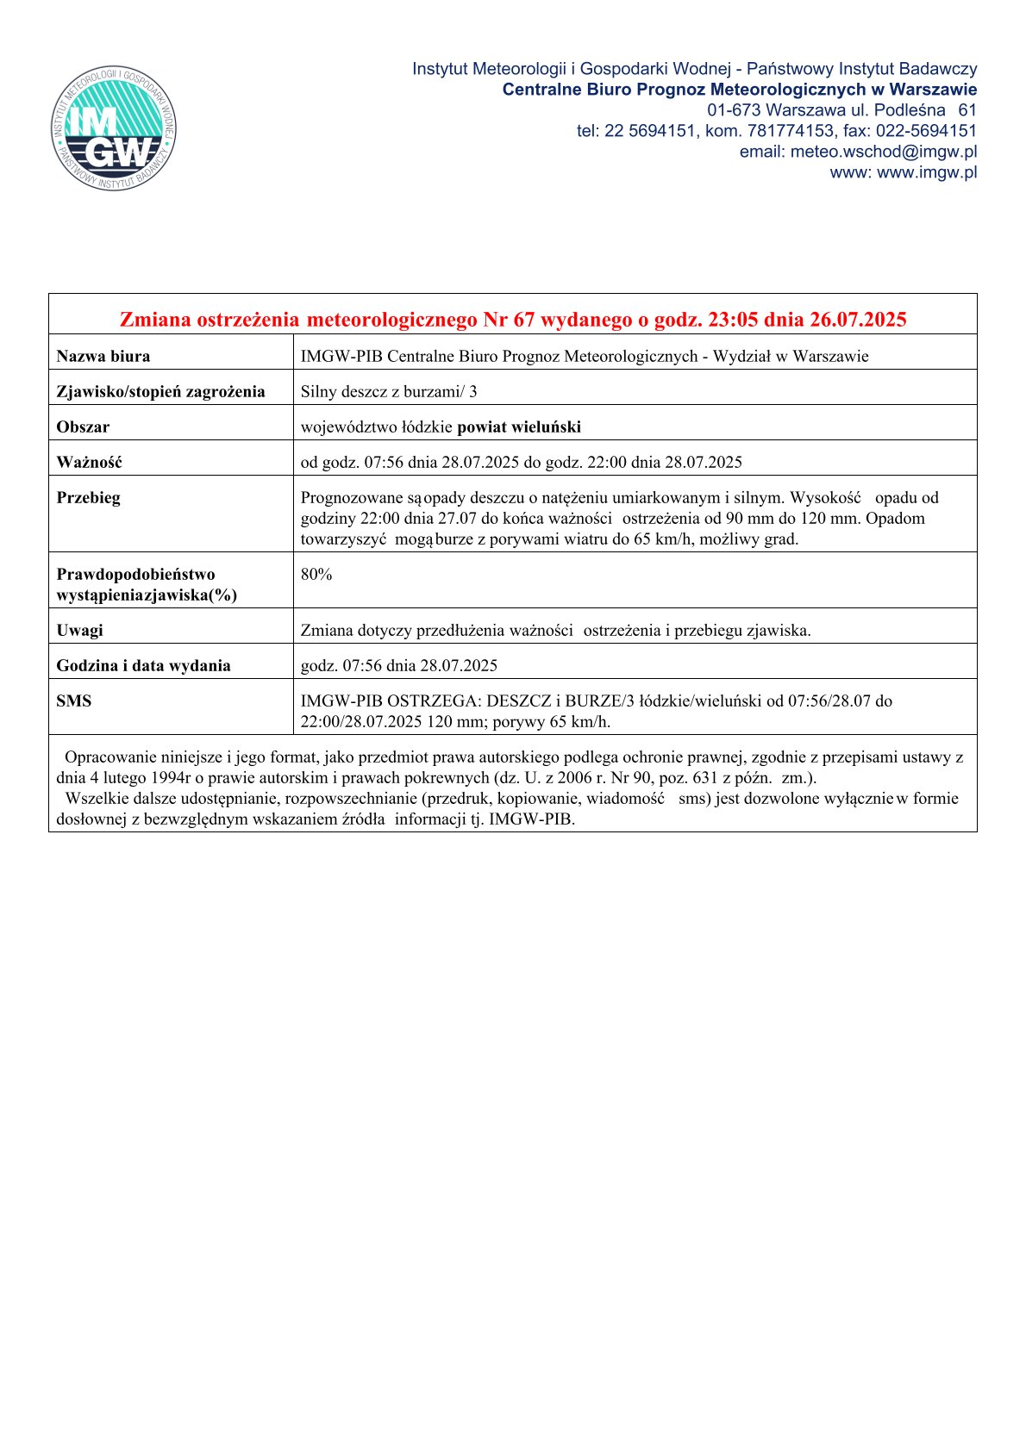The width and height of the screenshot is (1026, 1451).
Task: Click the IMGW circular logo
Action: [115, 128]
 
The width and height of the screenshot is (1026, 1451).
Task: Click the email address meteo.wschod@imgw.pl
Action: [883, 152]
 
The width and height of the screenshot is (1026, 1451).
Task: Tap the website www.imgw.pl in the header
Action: [927, 172]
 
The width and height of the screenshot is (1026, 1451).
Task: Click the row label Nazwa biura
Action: [103, 356]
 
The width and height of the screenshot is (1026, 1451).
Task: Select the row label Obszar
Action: [83, 427]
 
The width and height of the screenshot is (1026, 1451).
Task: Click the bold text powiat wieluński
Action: [519, 427]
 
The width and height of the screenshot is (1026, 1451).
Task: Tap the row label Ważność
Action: [89, 462]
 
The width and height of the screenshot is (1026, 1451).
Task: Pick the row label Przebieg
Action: [88, 497]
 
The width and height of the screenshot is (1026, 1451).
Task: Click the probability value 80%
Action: [316, 575]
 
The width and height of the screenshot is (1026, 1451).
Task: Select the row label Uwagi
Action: [79, 630]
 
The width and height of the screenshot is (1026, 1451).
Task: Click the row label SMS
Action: [73, 701]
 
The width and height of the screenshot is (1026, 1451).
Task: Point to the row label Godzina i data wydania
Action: [143, 665]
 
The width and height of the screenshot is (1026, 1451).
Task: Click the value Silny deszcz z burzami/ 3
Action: [388, 391]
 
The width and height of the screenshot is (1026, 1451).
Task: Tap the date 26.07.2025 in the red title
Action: [858, 321]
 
